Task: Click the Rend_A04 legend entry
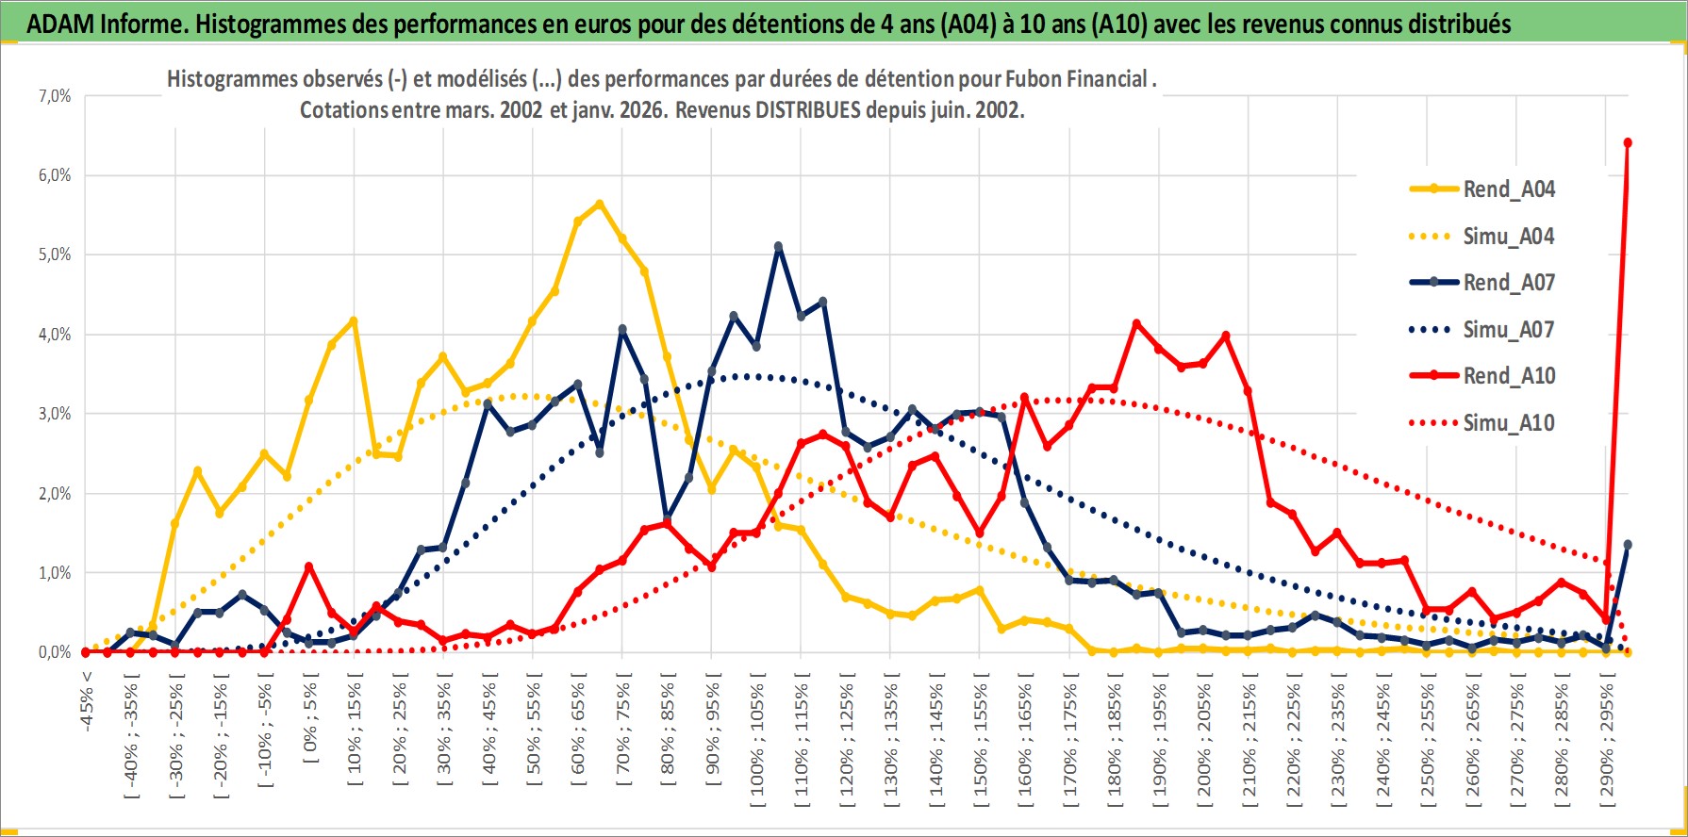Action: pos(1508,189)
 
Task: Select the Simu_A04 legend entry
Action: pos(1508,237)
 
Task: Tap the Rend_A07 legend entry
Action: pos(1508,283)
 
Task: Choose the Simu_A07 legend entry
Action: pos(1508,330)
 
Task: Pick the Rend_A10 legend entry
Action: pos(1508,376)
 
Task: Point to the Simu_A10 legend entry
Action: pos(1508,423)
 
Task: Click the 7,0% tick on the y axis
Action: pos(55,96)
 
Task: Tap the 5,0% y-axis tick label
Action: pos(55,254)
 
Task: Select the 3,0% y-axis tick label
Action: pos(55,414)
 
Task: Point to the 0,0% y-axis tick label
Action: pos(55,652)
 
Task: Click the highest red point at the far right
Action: pos(1628,143)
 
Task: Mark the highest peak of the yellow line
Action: pos(600,204)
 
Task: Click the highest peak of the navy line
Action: pos(778,247)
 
